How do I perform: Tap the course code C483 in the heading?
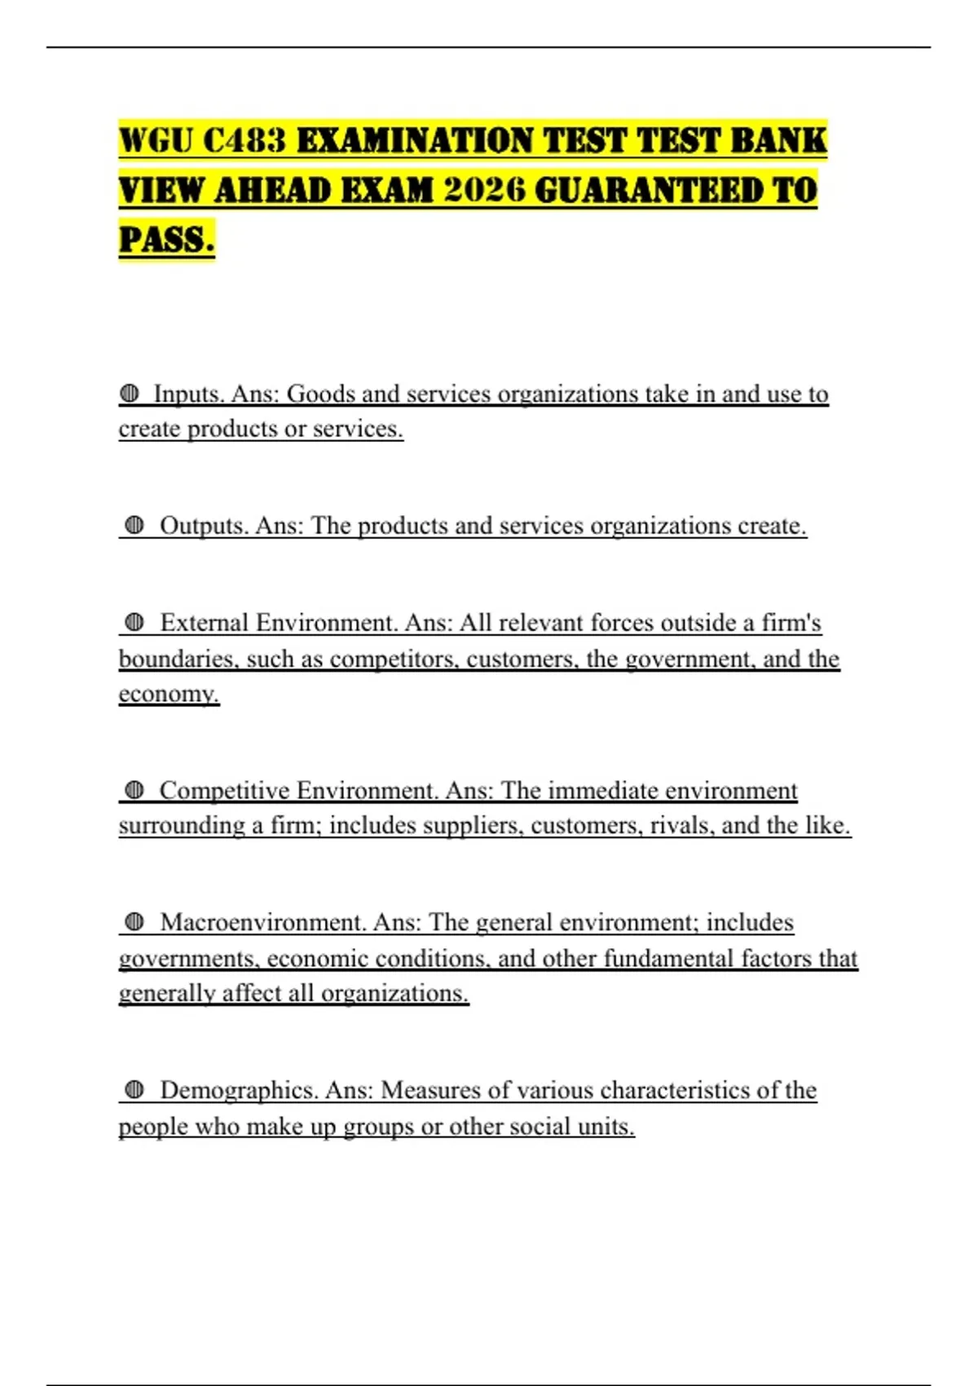coord(244,141)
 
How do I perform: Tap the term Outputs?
coord(204,526)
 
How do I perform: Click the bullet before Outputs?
coord(134,526)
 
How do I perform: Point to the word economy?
coord(168,694)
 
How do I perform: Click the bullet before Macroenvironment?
coord(134,923)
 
